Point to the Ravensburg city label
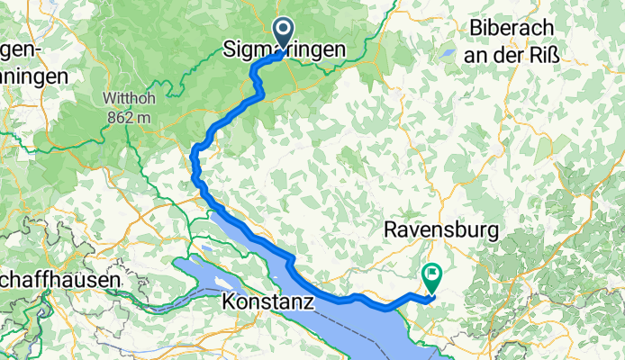click(x=440, y=230)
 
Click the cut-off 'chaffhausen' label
click(x=60, y=280)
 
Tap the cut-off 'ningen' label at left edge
click(x=33, y=76)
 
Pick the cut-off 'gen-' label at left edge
click(x=20, y=49)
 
